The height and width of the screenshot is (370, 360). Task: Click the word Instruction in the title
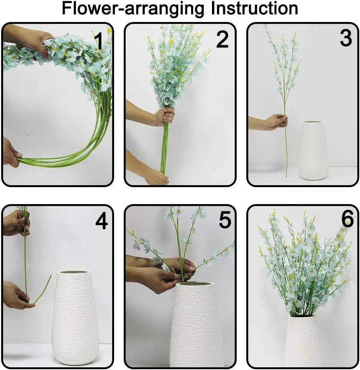(254, 8)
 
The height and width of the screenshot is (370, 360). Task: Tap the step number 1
(99, 41)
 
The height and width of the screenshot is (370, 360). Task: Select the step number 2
(222, 40)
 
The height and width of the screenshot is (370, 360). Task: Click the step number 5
(225, 220)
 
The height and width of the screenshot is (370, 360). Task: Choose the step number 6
(348, 219)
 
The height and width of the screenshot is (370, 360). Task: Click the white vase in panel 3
(313, 150)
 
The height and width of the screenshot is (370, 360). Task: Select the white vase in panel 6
(303, 341)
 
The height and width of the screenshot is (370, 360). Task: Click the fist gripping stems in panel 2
(165, 117)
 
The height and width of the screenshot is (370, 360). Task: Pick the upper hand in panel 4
(17, 223)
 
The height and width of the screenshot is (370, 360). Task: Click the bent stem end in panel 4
(42, 289)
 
